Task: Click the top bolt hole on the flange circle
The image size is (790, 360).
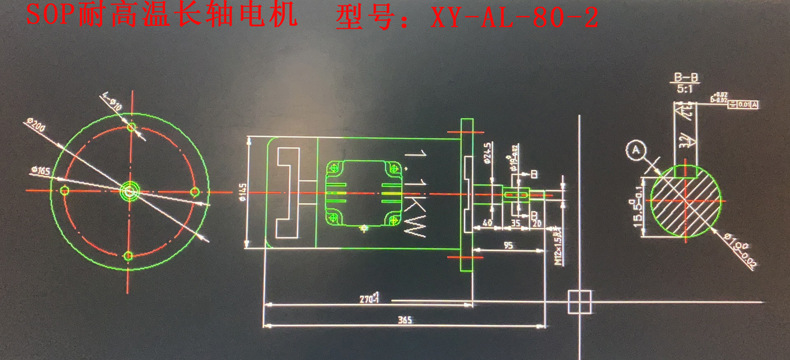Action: click(x=130, y=127)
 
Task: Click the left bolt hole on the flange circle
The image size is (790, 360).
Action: click(x=65, y=189)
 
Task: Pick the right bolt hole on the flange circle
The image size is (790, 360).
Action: click(x=195, y=189)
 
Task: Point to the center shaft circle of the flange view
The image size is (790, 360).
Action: click(x=130, y=189)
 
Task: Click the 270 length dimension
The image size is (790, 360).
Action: click(x=366, y=298)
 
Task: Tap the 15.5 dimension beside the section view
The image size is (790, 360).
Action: click(x=642, y=209)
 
